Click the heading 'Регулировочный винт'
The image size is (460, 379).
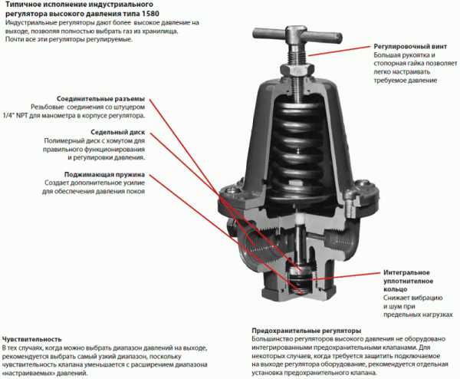point(410,46)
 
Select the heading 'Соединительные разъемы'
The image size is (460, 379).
point(100,99)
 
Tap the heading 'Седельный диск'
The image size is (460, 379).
point(117,132)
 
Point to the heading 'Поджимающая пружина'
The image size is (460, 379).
point(104,174)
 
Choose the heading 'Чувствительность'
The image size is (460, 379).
point(32,339)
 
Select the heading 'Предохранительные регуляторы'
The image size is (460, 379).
point(306,331)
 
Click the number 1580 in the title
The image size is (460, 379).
point(151,14)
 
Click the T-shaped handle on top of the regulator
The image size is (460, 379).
point(297,35)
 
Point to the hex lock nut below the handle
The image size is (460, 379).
point(297,70)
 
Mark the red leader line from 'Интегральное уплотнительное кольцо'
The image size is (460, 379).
point(347,276)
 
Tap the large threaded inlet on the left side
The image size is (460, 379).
point(258,246)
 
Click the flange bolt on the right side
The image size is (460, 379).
point(351,206)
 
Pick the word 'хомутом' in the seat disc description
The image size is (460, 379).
point(110,140)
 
